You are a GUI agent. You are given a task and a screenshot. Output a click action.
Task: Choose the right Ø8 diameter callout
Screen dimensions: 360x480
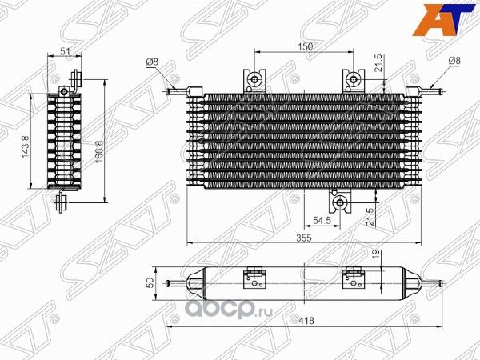click(454, 60)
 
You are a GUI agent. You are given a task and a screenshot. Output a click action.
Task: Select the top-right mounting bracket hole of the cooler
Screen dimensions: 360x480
click(353, 78)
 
